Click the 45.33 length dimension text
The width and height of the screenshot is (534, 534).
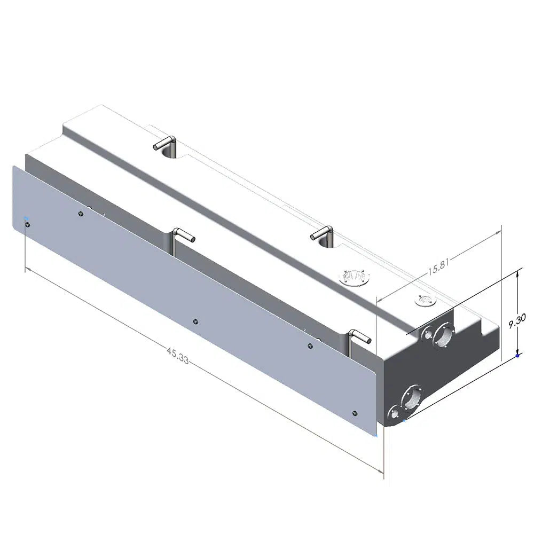click(x=177, y=356)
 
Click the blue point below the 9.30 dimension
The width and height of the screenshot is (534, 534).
click(x=517, y=356)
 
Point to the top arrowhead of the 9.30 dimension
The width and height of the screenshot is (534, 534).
click(x=517, y=274)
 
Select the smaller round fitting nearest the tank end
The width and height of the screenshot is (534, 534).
click(x=425, y=301)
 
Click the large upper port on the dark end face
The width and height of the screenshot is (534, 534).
click(x=443, y=335)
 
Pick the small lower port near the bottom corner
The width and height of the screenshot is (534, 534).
click(x=394, y=413)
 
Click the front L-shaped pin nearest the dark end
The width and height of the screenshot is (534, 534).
click(x=359, y=336)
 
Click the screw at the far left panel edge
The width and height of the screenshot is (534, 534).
click(x=27, y=225)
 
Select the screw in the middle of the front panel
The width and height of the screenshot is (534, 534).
click(x=195, y=321)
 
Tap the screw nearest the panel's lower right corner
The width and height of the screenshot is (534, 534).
click(x=355, y=413)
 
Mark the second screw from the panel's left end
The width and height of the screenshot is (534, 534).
click(x=81, y=214)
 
